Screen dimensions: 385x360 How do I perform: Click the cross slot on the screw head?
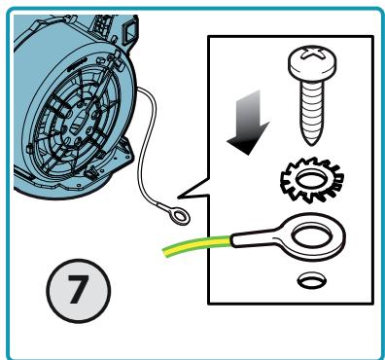click(x=312, y=54)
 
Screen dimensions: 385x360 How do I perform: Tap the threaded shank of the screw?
click(x=312, y=110)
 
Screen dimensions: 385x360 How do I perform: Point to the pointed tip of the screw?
click(x=312, y=142)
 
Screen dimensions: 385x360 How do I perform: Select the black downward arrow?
click(x=249, y=123)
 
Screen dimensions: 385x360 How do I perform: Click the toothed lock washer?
click(x=312, y=179)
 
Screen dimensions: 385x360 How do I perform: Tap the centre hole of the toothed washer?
click(x=312, y=179)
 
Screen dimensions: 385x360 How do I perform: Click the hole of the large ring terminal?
click(x=312, y=234)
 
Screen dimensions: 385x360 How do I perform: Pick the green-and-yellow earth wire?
click(x=196, y=246)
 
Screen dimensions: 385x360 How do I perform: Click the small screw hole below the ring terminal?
click(x=311, y=281)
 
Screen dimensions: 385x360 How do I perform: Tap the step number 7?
click(x=78, y=290)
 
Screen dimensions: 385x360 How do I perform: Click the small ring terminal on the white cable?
click(x=179, y=216)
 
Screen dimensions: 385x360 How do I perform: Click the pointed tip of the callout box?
click(x=178, y=197)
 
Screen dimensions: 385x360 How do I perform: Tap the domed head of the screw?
click(x=312, y=63)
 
